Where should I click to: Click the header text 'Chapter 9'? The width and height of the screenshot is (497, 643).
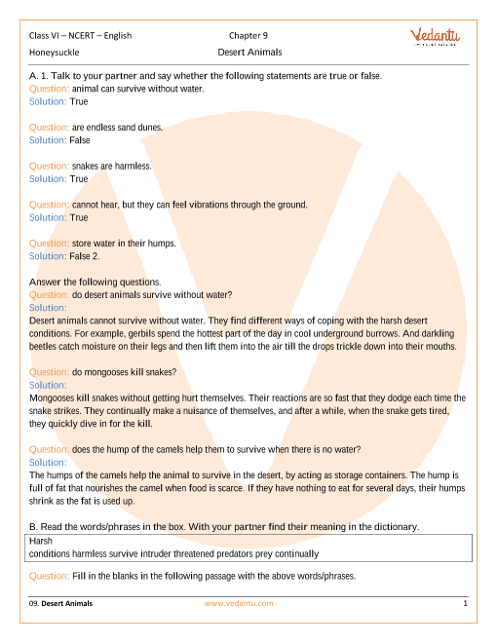pyautogui.click(x=248, y=36)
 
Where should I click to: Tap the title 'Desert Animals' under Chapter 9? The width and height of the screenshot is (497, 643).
pyautogui.click(x=248, y=52)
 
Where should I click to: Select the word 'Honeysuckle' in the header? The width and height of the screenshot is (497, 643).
pyautogui.click(x=55, y=52)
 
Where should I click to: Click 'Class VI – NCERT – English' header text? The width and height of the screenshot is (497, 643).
pyautogui.click(x=80, y=36)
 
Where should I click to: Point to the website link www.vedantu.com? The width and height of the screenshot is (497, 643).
pyautogui.click(x=239, y=604)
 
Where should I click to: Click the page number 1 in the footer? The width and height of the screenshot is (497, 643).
pyautogui.click(x=466, y=604)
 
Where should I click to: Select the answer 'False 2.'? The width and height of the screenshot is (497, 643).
pyautogui.click(x=85, y=256)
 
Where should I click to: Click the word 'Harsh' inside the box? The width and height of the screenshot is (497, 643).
pyautogui.click(x=41, y=540)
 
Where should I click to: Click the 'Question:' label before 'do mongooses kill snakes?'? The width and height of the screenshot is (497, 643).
pyautogui.click(x=50, y=372)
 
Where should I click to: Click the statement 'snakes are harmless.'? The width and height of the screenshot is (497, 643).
pyautogui.click(x=111, y=167)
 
